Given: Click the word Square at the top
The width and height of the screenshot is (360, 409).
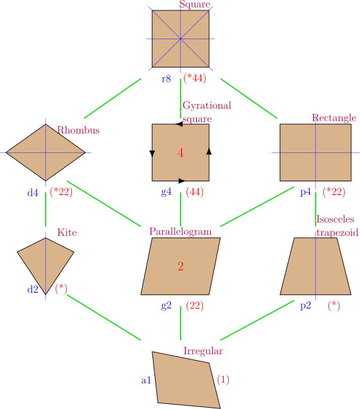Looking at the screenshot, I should (194, 5).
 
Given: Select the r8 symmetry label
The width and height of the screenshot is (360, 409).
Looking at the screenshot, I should (166, 78).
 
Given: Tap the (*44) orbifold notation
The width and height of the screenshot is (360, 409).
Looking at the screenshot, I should (194, 78).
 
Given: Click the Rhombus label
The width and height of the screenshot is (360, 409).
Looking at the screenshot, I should (78, 130).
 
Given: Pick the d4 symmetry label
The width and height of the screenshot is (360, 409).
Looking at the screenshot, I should (33, 192).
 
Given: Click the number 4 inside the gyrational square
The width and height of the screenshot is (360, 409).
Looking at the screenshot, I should (181, 153).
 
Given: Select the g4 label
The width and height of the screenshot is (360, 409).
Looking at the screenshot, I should (166, 192).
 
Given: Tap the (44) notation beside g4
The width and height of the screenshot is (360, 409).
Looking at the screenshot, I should (194, 192).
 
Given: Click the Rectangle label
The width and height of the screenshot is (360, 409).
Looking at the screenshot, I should (334, 118).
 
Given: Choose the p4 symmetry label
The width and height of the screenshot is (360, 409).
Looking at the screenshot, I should (305, 192).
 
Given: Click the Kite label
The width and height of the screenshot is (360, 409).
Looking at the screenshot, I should (67, 232).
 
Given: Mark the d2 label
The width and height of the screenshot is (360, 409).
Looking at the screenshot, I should (33, 289).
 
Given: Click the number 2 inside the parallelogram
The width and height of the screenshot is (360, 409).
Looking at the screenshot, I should (181, 266).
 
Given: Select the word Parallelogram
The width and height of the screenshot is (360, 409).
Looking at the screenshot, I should (180, 232).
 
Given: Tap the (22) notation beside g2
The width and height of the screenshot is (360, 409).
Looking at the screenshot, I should (194, 306).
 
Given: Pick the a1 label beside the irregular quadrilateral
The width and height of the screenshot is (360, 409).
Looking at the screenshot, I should (146, 380).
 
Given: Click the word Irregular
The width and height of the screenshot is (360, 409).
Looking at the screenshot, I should (203, 351).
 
